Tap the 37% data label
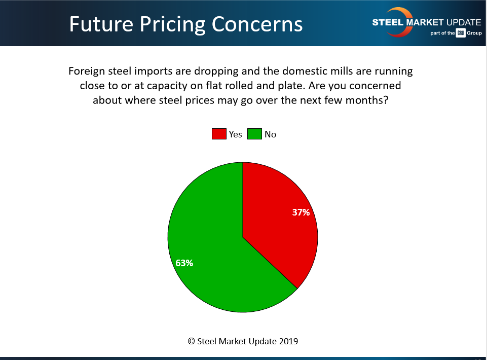tap(301, 212)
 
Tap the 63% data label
tap(184, 263)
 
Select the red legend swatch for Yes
tap(218, 134)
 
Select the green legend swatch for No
tap(254, 134)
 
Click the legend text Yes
tap(235, 134)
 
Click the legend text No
tap(270, 134)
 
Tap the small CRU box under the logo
tap(460, 33)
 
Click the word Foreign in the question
tap(87, 71)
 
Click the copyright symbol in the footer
tap(192, 341)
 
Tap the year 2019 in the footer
tap(288, 341)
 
